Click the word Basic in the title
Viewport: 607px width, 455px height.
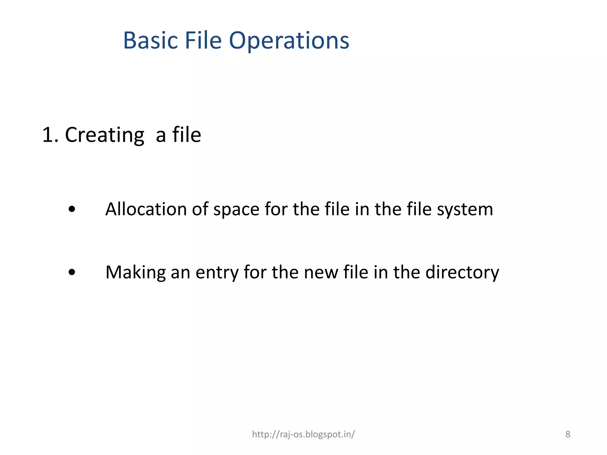(x=150, y=41)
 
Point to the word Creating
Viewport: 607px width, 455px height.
(x=105, y=135)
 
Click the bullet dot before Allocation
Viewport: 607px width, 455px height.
(x=72, y=209)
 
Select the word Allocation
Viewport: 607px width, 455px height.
(x=146, y=209)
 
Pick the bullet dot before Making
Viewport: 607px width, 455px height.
(x=72, y=272)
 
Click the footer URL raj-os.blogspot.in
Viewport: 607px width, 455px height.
(x=303, y=434)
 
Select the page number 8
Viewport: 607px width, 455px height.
(x=568, y=434)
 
